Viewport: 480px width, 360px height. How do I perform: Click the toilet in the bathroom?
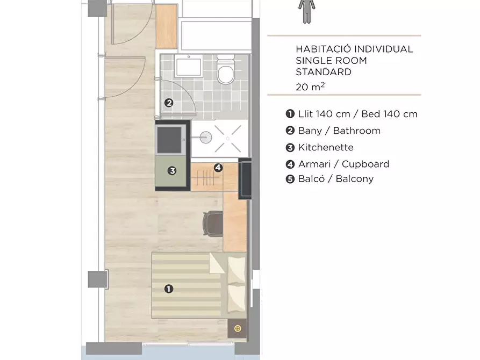click(226, 69)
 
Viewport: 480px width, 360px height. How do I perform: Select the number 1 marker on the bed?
click(169, 289)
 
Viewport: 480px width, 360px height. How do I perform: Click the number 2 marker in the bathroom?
click(169, 103)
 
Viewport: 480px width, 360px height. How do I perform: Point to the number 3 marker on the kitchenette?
click(172, 170)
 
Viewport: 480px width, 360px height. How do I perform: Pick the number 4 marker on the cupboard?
click(218, 168)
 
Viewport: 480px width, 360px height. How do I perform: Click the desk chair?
click(213, 224)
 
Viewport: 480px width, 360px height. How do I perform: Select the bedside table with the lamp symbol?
click(237, 329)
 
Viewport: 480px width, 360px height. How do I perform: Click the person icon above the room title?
click(307, 11)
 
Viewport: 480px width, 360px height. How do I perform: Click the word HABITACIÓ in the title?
click(321, 49)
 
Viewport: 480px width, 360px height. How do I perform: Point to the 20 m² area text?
click(310, 87)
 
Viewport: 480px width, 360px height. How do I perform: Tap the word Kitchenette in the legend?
click(326, 148)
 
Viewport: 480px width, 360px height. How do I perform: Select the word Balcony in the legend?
click(354, 179)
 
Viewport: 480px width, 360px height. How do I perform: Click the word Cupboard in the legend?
click(366, 164)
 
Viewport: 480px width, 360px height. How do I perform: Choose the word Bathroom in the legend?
click(356, 131)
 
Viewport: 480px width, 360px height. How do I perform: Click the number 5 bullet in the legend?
click(290, 179)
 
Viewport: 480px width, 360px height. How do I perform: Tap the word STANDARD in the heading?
click(324, 72)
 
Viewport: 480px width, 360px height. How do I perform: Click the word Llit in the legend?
click(305, 114)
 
